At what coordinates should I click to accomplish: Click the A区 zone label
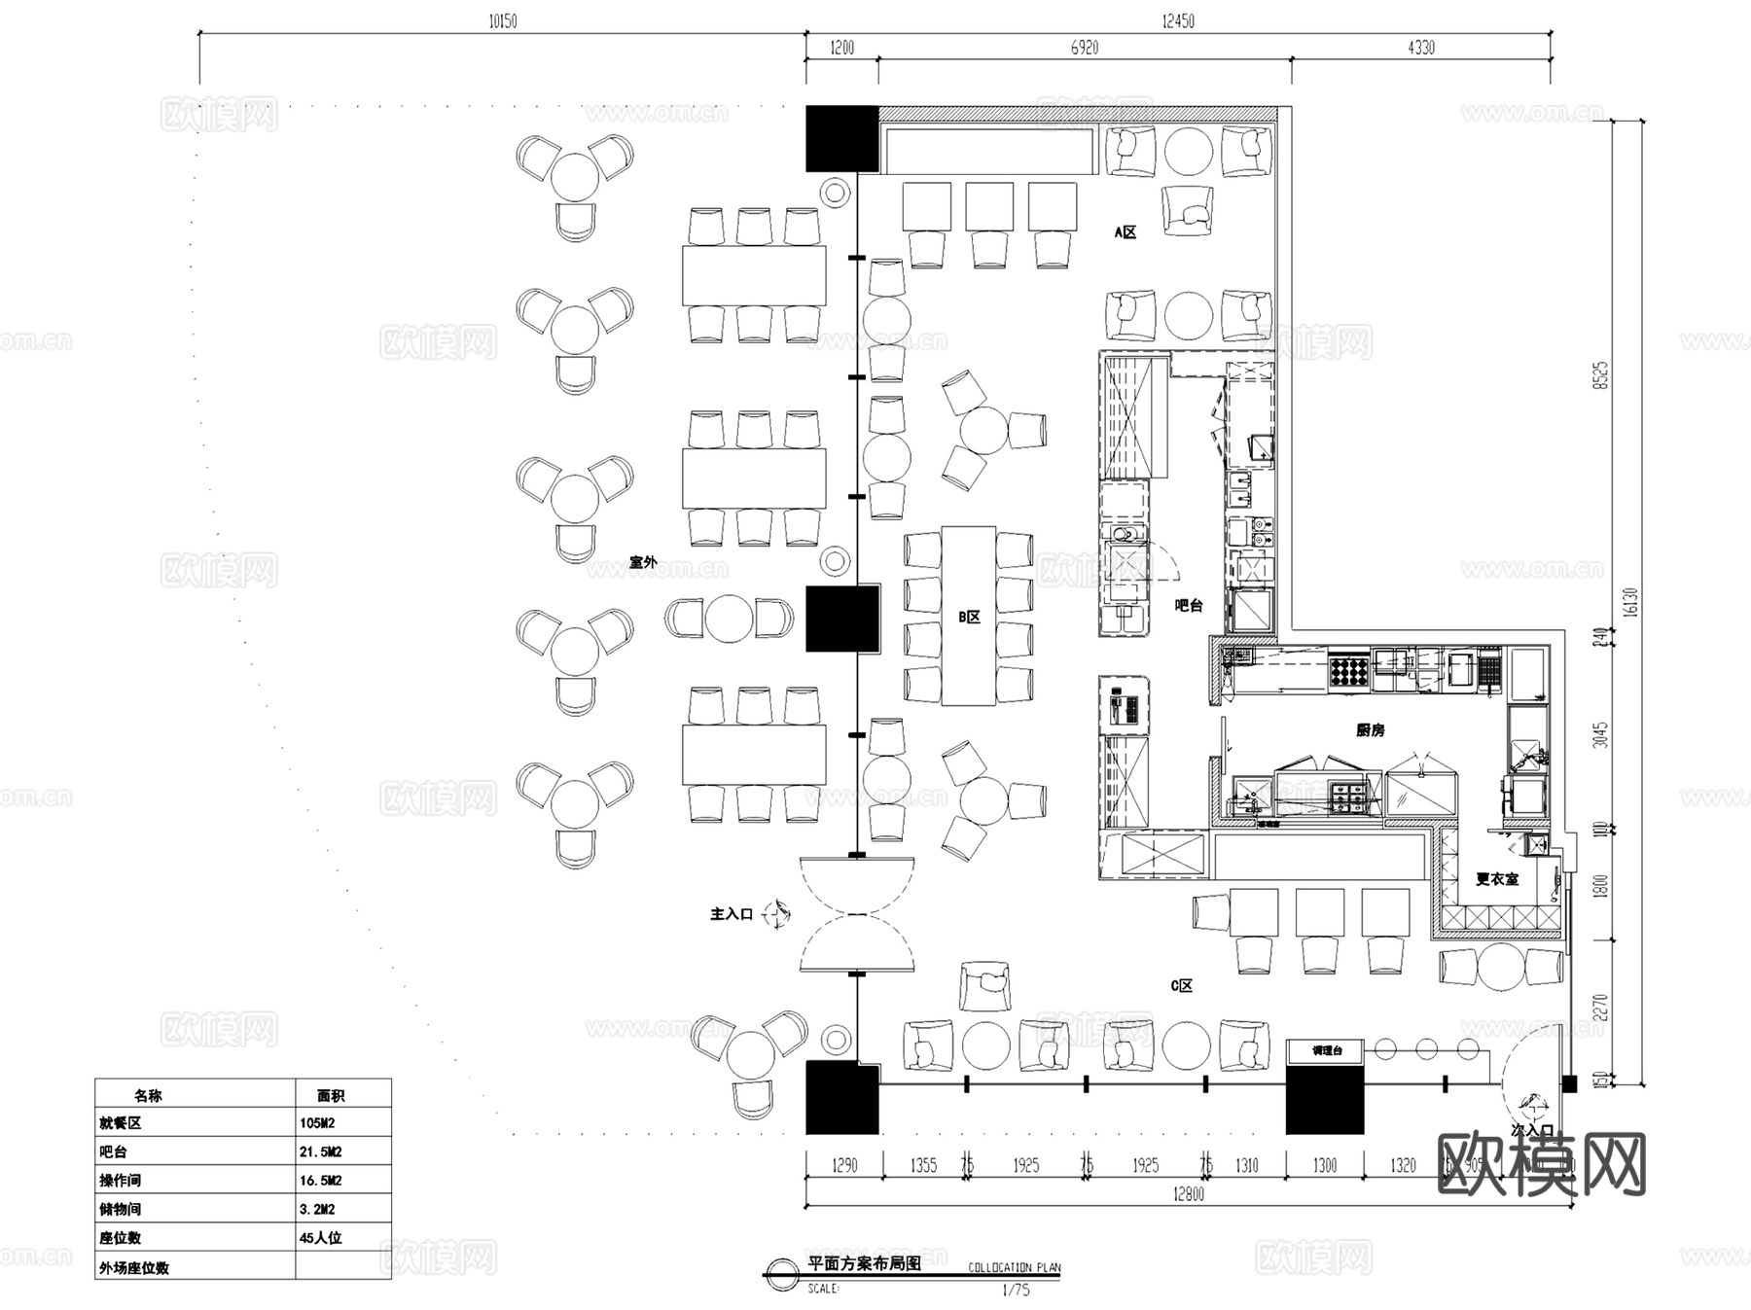pos(1125,232)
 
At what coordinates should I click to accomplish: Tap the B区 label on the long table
pos(969,617)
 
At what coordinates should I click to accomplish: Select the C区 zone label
pos(1181,985)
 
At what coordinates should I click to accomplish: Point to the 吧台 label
pos(1189,605)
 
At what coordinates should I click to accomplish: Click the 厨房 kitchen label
pos(1370,729)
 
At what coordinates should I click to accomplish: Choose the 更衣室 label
pos(1496,879)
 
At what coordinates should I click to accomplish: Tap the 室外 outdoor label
pos(643,562)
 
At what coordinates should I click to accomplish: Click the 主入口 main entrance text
pos(732,914)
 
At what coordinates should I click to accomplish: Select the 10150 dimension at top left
pos(503,21)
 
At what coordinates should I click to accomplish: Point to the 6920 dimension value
pos(1084,48)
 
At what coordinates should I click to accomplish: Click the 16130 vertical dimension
pos(1631,600)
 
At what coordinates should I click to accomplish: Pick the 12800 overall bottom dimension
pos(1188,1194)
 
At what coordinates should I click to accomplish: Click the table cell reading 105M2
pos(318,1122)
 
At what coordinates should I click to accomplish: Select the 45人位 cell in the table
pos(321,1238)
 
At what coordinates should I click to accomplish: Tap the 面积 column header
pos(331,1095)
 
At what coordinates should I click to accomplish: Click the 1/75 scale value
pos(1016,1290)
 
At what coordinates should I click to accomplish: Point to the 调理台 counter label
pos(1327,1050)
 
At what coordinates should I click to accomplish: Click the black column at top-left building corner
pos(841,139)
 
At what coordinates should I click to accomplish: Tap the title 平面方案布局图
pos(864,1264)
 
